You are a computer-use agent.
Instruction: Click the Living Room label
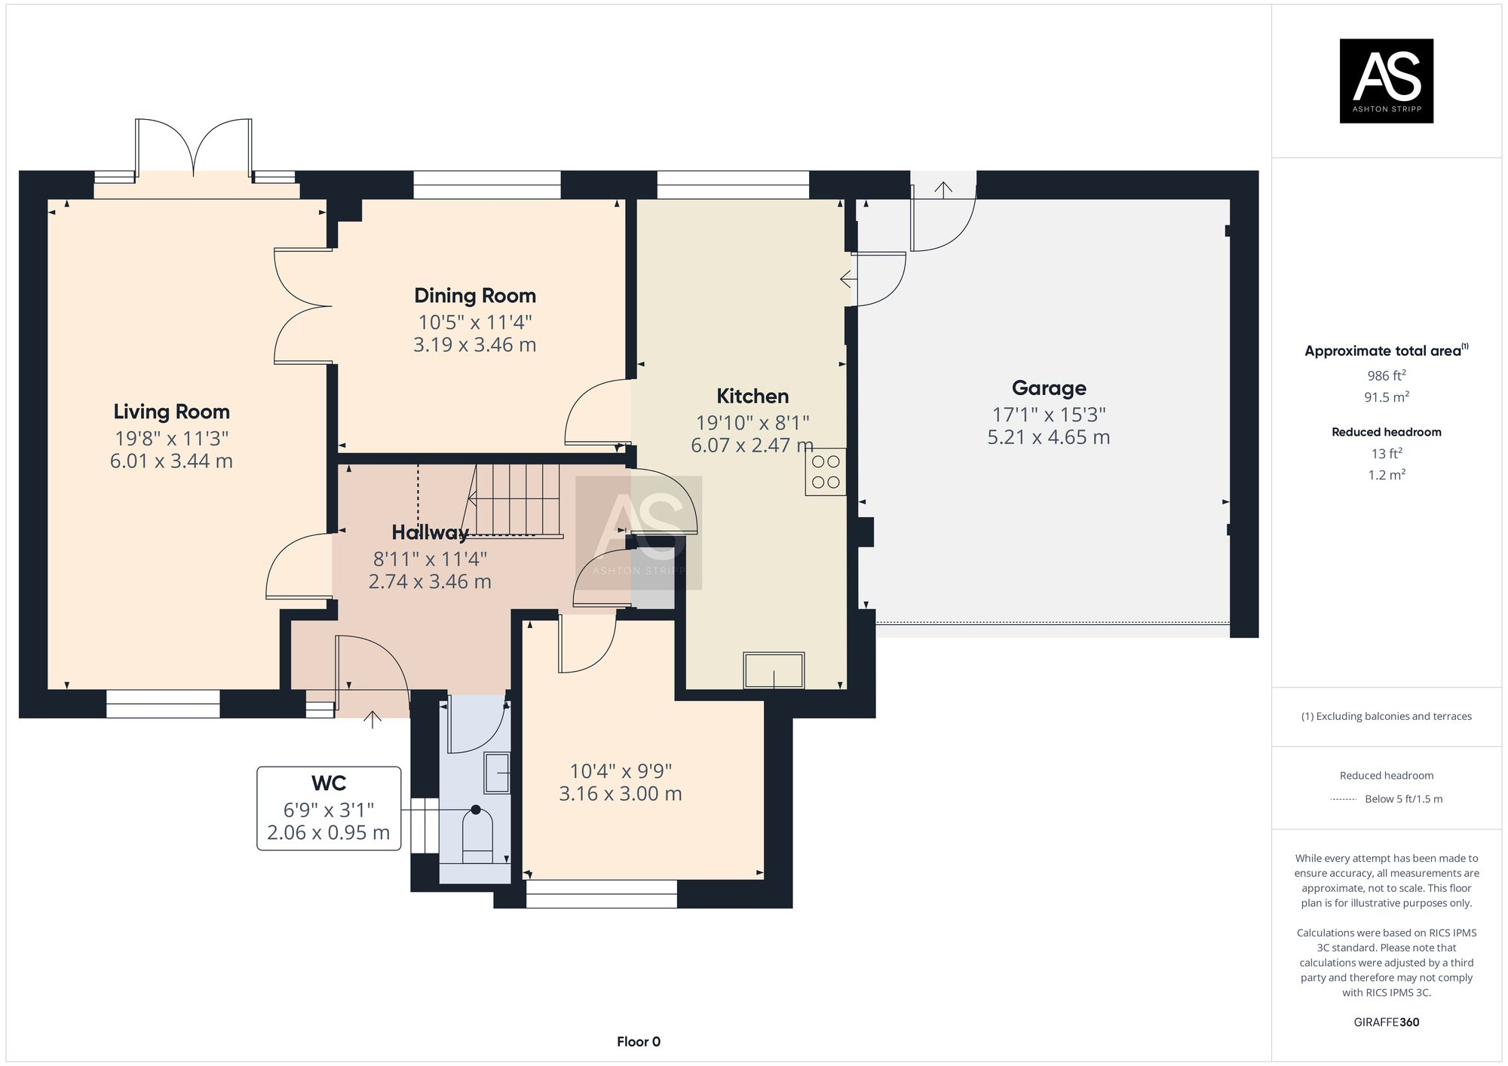171,412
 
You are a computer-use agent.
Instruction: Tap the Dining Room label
475,296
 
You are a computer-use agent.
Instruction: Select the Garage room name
1049,388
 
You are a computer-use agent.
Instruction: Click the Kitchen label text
752,396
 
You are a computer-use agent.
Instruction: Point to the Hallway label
430,532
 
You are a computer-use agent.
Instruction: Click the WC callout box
329,808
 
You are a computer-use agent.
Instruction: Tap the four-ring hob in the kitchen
826,472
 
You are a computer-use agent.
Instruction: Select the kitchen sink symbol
774,670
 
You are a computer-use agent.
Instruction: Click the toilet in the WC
477,835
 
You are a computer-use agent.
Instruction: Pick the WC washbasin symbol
497,773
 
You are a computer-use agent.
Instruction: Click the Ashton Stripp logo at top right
1386,81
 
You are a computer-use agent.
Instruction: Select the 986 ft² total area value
1386,375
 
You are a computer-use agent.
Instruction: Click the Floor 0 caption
638,1042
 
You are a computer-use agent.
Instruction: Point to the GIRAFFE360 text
1386,1022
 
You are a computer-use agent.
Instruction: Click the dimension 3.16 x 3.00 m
620,794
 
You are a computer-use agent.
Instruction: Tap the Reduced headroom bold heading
1386,432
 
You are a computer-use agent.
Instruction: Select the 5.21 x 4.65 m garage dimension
1049,437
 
